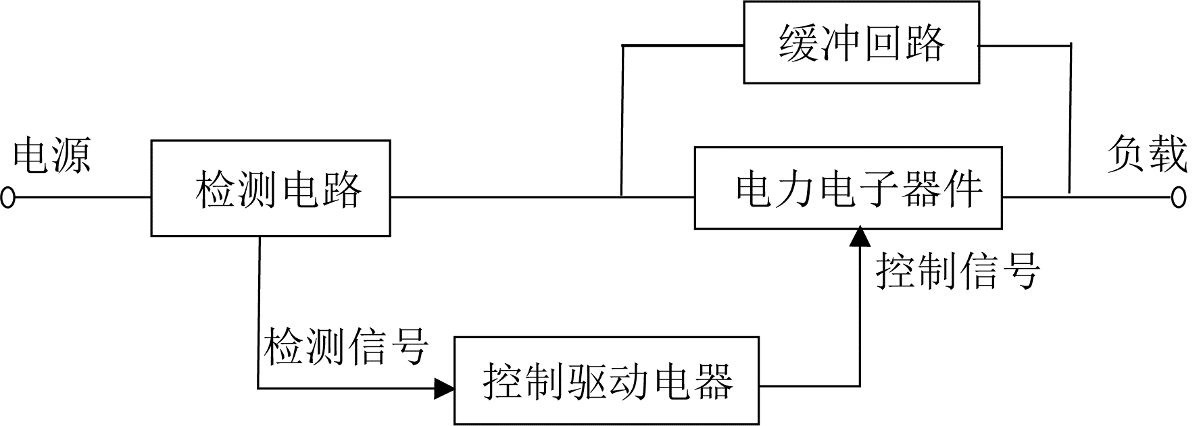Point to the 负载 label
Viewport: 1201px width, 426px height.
[x=1147, y=155]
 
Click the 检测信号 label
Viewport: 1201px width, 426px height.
[x=345, y=348]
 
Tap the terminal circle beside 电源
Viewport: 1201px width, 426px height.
[x=7, y=198]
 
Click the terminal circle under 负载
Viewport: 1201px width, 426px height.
[x=1179, y=197]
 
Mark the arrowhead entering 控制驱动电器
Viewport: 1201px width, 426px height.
[x=444, y=388]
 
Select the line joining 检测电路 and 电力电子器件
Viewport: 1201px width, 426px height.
[x=543, y=197]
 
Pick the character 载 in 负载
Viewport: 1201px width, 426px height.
[x=1167, y=155]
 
